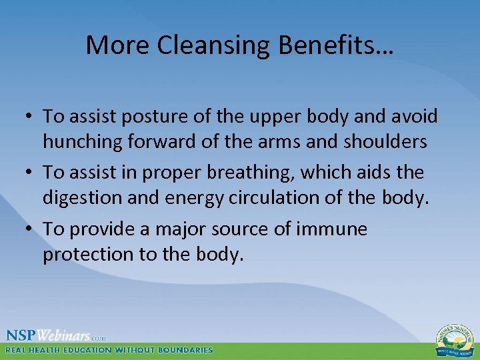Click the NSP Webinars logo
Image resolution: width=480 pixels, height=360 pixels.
coord(53,335)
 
